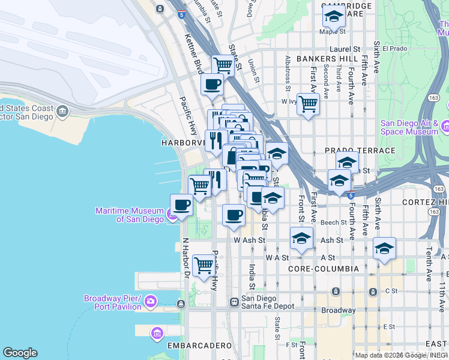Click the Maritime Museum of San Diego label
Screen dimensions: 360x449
[129, 215]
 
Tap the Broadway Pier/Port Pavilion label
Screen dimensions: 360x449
[112, 302]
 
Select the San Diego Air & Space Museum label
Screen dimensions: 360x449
[409, 127]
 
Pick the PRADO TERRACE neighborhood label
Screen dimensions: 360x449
[360, 151]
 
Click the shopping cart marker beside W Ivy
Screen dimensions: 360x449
[308, 104]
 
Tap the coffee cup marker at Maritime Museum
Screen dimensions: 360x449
[181, 205]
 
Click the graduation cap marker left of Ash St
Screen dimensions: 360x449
[301, 238]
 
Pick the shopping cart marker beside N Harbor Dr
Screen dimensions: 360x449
[204, 265]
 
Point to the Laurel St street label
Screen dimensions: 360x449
[345, 49]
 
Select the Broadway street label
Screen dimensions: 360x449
[339, 310]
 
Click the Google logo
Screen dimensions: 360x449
[20, 353]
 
